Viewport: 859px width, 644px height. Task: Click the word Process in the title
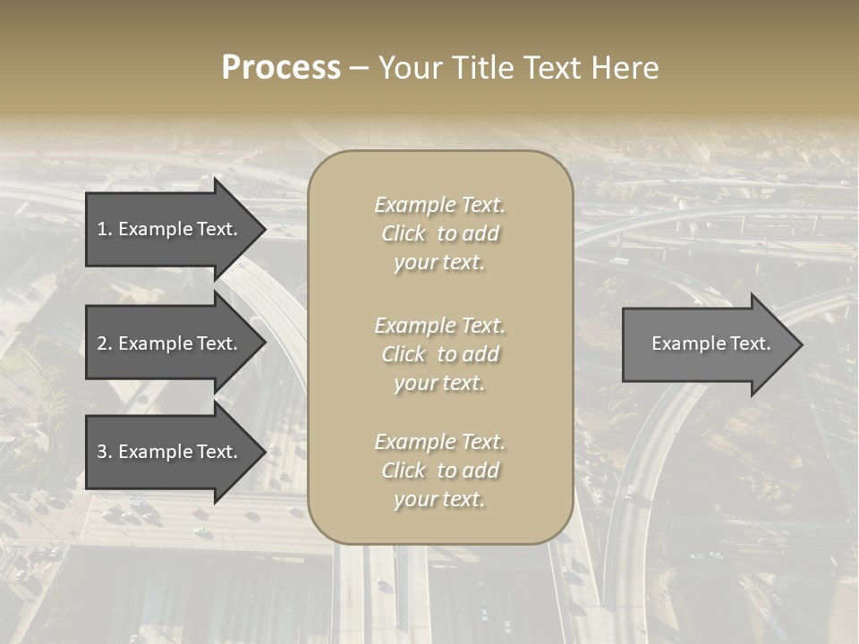[x=281, y=68]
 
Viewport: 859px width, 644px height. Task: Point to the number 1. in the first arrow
[x=105, y=229]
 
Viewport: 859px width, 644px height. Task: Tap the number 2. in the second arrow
[x=105, y=343]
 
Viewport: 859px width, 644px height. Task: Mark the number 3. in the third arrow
[x=105, y=453]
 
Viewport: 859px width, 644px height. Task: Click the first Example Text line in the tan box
[x=439, y=205]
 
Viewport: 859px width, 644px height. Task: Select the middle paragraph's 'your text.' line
[x=439, y=383]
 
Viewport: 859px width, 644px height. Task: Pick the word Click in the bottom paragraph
[x=404, y=470]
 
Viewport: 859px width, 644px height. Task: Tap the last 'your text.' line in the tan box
[x=439, y=499]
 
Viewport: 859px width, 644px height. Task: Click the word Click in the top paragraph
[x=404, y=233]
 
